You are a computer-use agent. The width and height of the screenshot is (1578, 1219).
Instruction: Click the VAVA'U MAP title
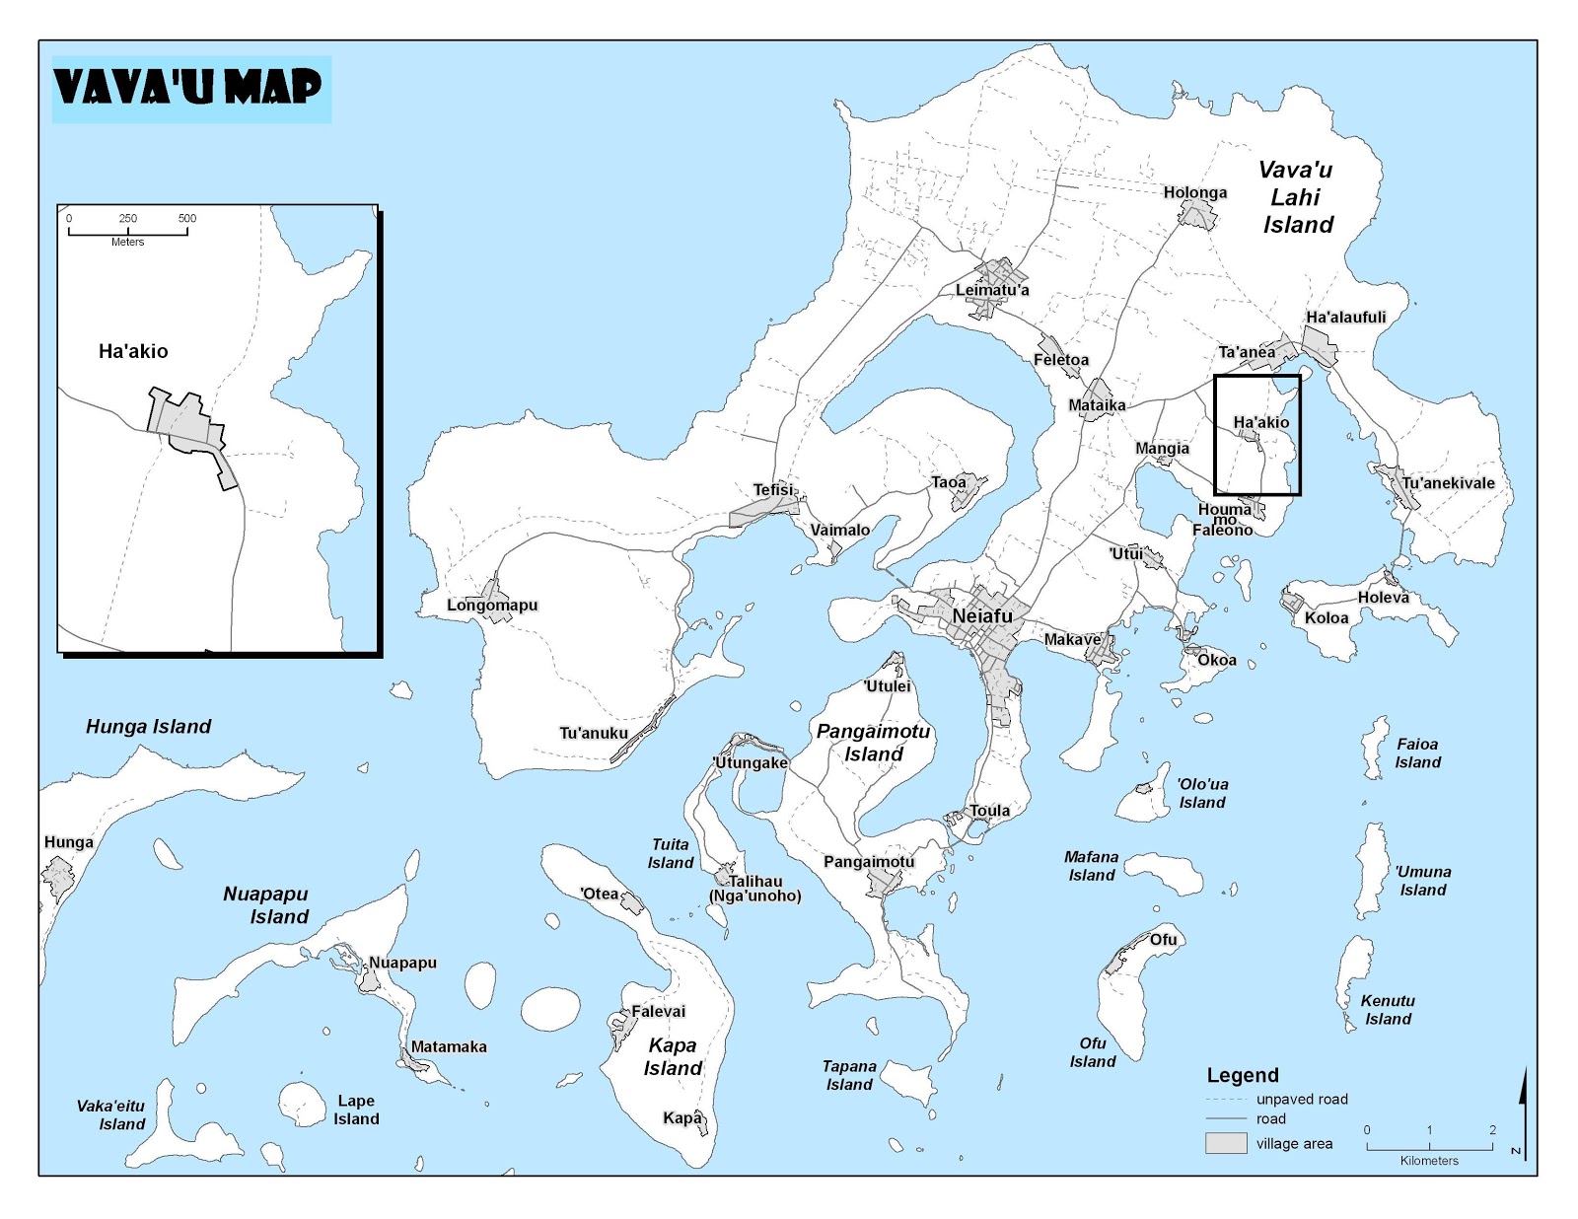(187, 87)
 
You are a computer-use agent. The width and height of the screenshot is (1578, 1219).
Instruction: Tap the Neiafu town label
(982, 616)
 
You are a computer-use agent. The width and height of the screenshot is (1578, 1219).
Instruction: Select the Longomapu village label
(492, 605)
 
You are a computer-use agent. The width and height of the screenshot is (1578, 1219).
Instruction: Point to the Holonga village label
(1194, 192)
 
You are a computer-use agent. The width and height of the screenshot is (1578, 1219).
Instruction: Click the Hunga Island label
(148, 727)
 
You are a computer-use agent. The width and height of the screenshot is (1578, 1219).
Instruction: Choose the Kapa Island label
(673, 1056)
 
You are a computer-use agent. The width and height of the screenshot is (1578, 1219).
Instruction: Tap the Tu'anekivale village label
(1448, 483)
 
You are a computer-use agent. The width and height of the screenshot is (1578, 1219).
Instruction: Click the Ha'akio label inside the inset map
(133, 351)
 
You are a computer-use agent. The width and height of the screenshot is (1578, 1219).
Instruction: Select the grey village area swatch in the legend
(1226, 1143)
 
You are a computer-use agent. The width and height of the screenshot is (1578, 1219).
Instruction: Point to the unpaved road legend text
(1301, 1099)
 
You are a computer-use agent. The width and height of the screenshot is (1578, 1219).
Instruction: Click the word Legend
(1243, 1075)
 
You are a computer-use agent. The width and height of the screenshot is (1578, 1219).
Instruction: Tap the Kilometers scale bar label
(1428, 1161)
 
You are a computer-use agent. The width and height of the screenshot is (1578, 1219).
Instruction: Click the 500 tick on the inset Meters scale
(187, 218)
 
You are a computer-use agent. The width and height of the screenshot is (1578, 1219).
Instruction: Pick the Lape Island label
(356, 1110)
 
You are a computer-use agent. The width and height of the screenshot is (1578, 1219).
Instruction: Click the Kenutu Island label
(1388, 1010)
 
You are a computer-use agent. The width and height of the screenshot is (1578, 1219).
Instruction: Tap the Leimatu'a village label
(991, 290)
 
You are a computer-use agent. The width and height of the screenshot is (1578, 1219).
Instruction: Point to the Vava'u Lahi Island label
(1297, 197)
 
